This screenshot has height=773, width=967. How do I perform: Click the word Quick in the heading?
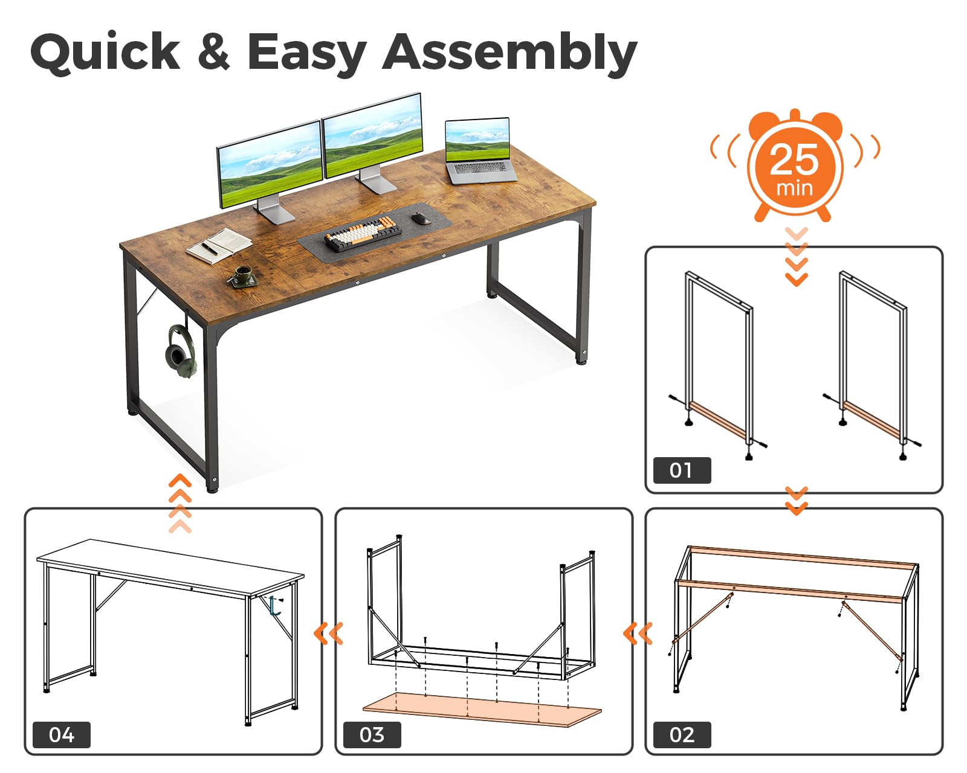tap(105, 53)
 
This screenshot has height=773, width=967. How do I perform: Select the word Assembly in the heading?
tap(510, 54)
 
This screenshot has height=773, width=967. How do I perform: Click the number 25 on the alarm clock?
tap(794, 160)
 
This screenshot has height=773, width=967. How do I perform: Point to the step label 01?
tap(682, 470)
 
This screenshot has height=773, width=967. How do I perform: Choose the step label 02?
tap(682, 736)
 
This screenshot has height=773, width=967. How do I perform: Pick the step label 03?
tap(372, 736)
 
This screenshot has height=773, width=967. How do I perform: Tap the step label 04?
tap(62, 736)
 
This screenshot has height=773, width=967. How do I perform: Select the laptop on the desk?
tap(479, 152)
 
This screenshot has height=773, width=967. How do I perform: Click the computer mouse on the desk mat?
tap(421, 218)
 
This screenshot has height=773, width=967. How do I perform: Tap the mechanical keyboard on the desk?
tap(363, 234)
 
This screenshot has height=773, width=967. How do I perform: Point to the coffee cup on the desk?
tap(243, 275)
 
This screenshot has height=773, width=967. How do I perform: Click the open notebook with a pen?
tap(219, 245)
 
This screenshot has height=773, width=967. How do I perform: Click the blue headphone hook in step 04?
tap(274, 606)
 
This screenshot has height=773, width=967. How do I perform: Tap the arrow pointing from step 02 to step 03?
tap(638, 633)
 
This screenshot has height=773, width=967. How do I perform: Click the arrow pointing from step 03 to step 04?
tap(328, 633)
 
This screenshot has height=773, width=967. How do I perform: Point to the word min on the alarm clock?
tap(794, 188)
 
